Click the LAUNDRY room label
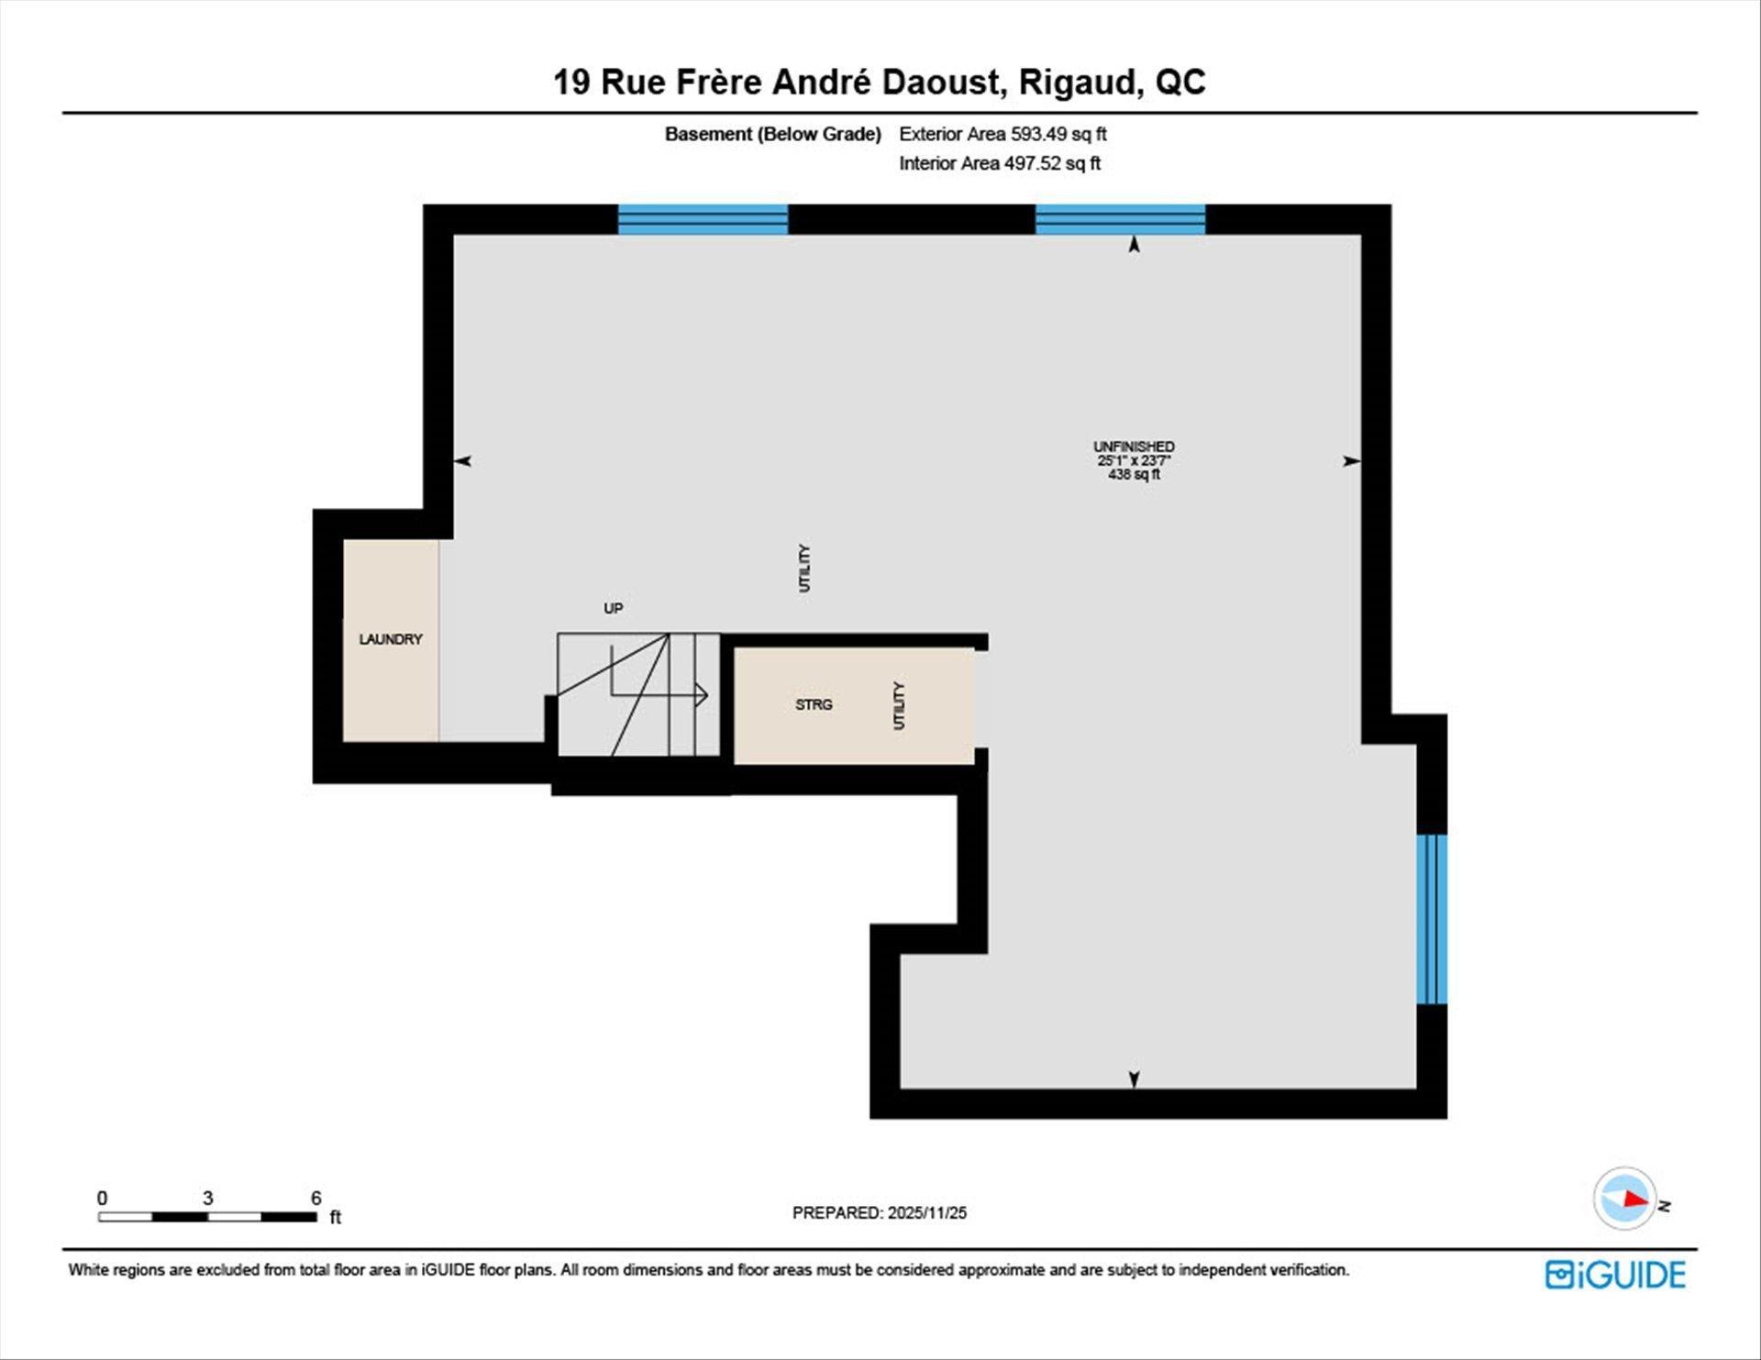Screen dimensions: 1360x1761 (391, 639)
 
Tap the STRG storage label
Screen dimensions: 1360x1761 (814, 704)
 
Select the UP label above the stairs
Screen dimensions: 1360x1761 (613, 608)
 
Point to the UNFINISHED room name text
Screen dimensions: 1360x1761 (1134, 447)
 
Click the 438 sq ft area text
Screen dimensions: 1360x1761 (1134, 474)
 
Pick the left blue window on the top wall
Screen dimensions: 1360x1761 (703, 220)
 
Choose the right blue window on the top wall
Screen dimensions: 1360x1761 (1120, 220)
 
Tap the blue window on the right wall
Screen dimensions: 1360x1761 (1431, 919)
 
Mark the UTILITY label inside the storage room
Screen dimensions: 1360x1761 (899, 705)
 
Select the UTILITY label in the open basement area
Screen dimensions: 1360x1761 (804, 568)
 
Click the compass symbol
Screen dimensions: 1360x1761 (1625, 1198)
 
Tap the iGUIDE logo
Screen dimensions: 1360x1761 (1615, 1275)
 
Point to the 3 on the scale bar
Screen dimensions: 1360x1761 (208, 1198)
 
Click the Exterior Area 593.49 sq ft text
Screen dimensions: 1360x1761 (1002, 134)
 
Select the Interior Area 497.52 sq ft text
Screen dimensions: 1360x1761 (999, 163)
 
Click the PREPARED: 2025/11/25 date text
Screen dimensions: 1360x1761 (879, 1212)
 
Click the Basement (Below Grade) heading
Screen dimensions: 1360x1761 (772, 134)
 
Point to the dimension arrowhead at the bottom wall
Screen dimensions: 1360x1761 (1134, 1079)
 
